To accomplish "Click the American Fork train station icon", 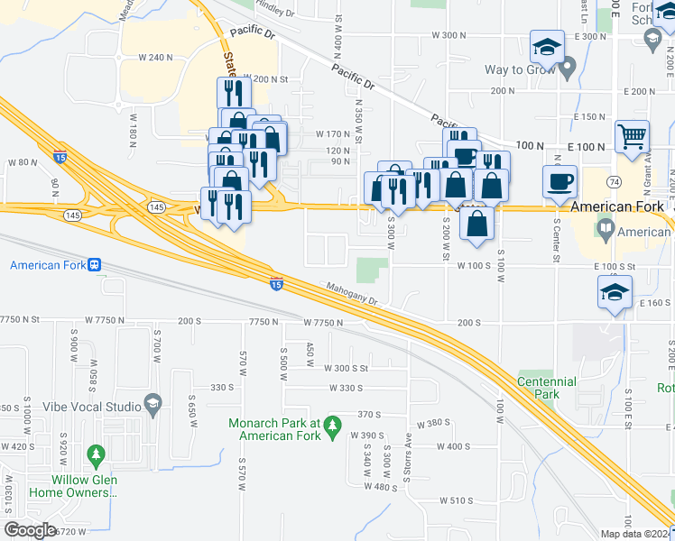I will coord(93,265).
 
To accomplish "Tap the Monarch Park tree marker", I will coord(333,424).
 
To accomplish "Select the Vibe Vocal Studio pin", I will coord(153,402).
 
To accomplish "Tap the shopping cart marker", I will coord(632,137).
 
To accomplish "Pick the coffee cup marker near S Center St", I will coord(559,181).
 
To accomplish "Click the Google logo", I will coord(30,530).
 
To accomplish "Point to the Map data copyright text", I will coord(635,534).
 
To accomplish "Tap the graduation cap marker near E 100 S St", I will coord(614,291).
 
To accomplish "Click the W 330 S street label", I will coord(343,388).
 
